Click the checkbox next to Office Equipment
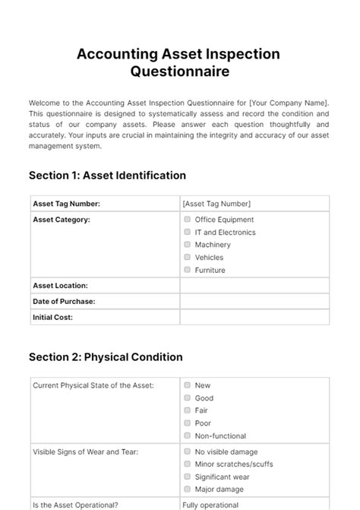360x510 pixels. pyautogui.click(x=187, y=219)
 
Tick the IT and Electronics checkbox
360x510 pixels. pyautogui.click(x=187, y=232)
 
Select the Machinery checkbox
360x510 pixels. pyautogui.click(x=187, y=245)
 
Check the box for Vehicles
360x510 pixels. pyautogui.click(x=187, y=257)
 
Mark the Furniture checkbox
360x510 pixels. pyautogui.click(x=187, y=270)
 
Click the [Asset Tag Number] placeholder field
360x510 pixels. pyautogui.click(x=216, y=204)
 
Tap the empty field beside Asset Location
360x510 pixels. pyautogui.click(x=254, y=286)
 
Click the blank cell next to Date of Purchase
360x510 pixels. pyautogui.click(x=254, y=301)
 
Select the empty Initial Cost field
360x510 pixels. pyautogui.click(x=254, y=317)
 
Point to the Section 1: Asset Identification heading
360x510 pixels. pyautogui.click(x=107, y=176)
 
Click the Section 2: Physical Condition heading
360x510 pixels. pyautogui.click(x=106, y=356)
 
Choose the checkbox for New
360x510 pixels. pyautogui.click(x=187, y=385)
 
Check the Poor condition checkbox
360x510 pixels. pyautogui.click(x=187, y=423)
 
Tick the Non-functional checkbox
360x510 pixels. pyautogui.click(x=187, y=436)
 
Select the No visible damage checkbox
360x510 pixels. pyautogui.click(x=187, y=451)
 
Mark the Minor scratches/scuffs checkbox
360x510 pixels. pyautogui.click(x=187, y=464)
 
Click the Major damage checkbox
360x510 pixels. pyautogui.click(x=187, y=489)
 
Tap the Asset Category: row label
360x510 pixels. pyautogui.click(x=62, y=220)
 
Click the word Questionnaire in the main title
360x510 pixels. pyautogui.click(x=179, y=73)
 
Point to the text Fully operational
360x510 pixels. pyautogui.click(x=210, y=505)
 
